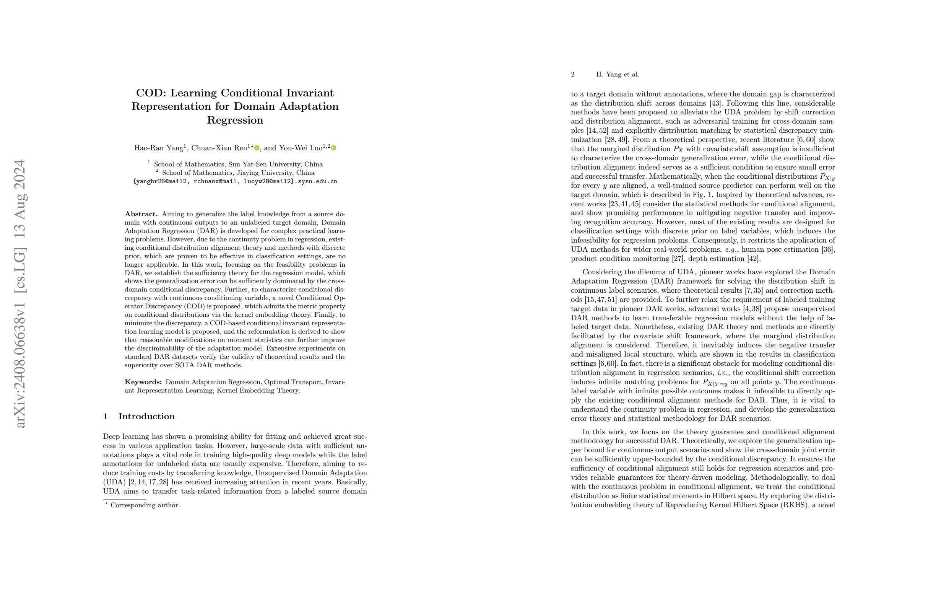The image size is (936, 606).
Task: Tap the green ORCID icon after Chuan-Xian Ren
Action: pos(257,148)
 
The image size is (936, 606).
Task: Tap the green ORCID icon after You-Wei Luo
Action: pos(333,148)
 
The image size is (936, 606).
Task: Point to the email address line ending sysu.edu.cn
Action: pos(235,181)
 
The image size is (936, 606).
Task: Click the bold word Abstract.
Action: pos(141,214)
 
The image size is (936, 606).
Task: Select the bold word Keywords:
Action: pos(143,382)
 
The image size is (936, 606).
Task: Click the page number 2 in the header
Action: pos(573,74)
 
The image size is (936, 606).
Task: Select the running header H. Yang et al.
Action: pos(617,74)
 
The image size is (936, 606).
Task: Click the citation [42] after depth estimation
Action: pos(753,259)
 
